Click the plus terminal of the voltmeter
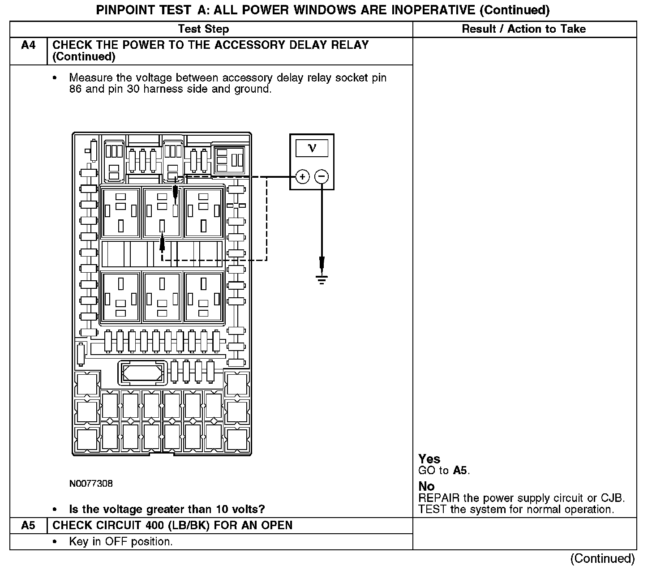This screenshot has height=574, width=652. tap(303, 177)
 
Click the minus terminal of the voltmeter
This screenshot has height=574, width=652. tap(322, 177)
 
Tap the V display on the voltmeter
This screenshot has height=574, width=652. tap(312, 148)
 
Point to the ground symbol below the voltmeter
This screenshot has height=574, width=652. tap(322, 280)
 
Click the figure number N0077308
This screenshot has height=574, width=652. tap(91, 484)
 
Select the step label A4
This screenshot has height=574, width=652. tap(28, 45)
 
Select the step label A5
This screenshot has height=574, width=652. tap(28, 525)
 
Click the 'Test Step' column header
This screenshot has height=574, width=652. tap(203, 29)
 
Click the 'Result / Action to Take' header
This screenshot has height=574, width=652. tap(523, 29)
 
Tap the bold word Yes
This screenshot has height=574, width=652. tap(429, 459)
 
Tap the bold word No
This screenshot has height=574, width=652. tap(426, 486)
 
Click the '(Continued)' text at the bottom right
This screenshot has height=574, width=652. tap(602, 558)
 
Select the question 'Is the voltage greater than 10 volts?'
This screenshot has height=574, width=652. tap(167, 509)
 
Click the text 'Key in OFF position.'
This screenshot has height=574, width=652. tap(121, 542)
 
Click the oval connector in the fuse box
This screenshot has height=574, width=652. tap(142, 373)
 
